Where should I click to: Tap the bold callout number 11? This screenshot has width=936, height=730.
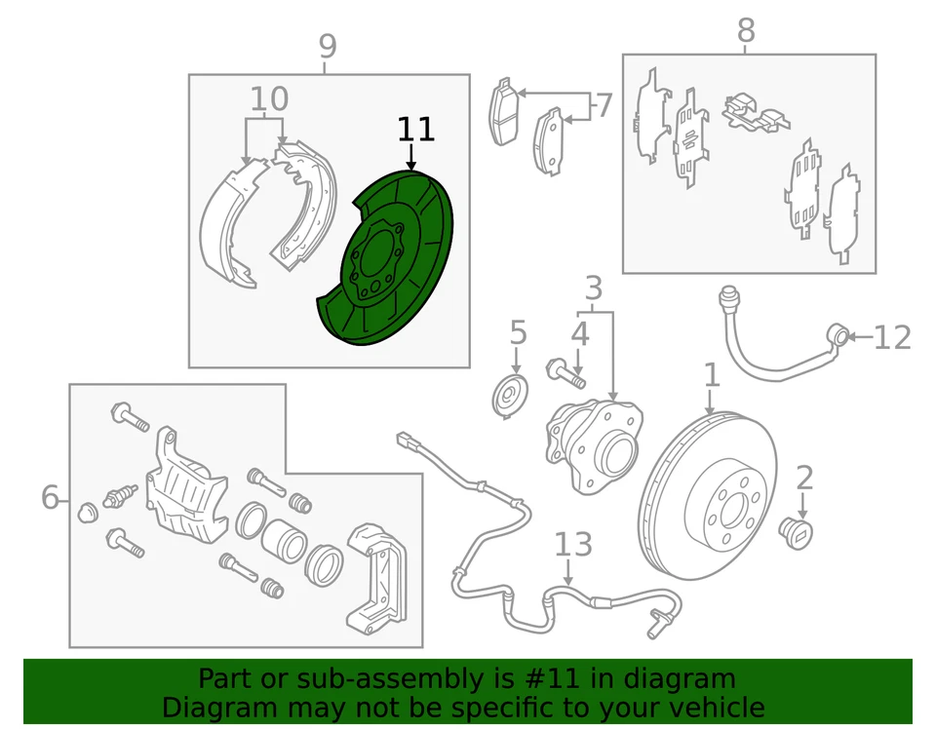(414, 130)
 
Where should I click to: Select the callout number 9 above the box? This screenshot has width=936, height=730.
(328, 46)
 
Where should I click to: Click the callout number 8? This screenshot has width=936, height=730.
(746, 31)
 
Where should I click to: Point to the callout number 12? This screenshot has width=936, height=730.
(892, 338)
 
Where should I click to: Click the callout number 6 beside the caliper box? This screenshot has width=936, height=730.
(51, 498)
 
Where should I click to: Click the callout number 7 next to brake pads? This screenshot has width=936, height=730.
(604, 104)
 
